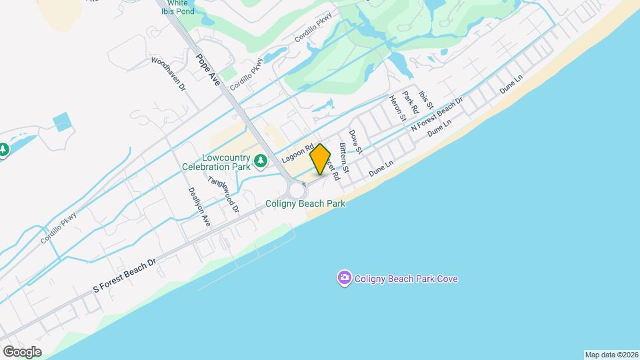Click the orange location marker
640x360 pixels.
coord(320,159)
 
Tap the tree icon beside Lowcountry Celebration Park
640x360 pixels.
coord(262,161)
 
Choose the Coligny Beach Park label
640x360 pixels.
coord(305,203)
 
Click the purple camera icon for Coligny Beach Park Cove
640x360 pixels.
coord(344,277)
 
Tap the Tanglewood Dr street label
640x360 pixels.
coord(223,194)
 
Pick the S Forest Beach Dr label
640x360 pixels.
coord(125,275)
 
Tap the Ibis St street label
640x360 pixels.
coord(426,101)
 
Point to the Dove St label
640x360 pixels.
coord(355,141)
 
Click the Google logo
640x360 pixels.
coord(22,352)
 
